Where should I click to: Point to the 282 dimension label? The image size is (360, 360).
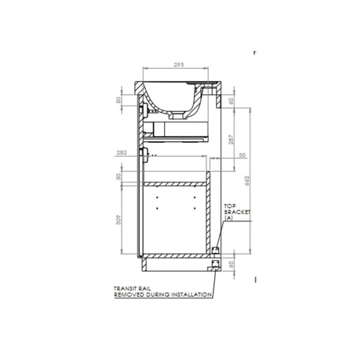(x=122, y=153)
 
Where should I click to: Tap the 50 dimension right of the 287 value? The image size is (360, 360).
(x=241, y=155)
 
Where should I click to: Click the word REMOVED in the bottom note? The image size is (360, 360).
(x=129, y=294)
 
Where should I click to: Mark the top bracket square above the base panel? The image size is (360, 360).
(x=215, y=250)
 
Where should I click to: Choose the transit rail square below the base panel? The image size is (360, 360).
(x=215, y=264)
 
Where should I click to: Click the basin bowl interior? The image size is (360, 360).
(x=176, y=94)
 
